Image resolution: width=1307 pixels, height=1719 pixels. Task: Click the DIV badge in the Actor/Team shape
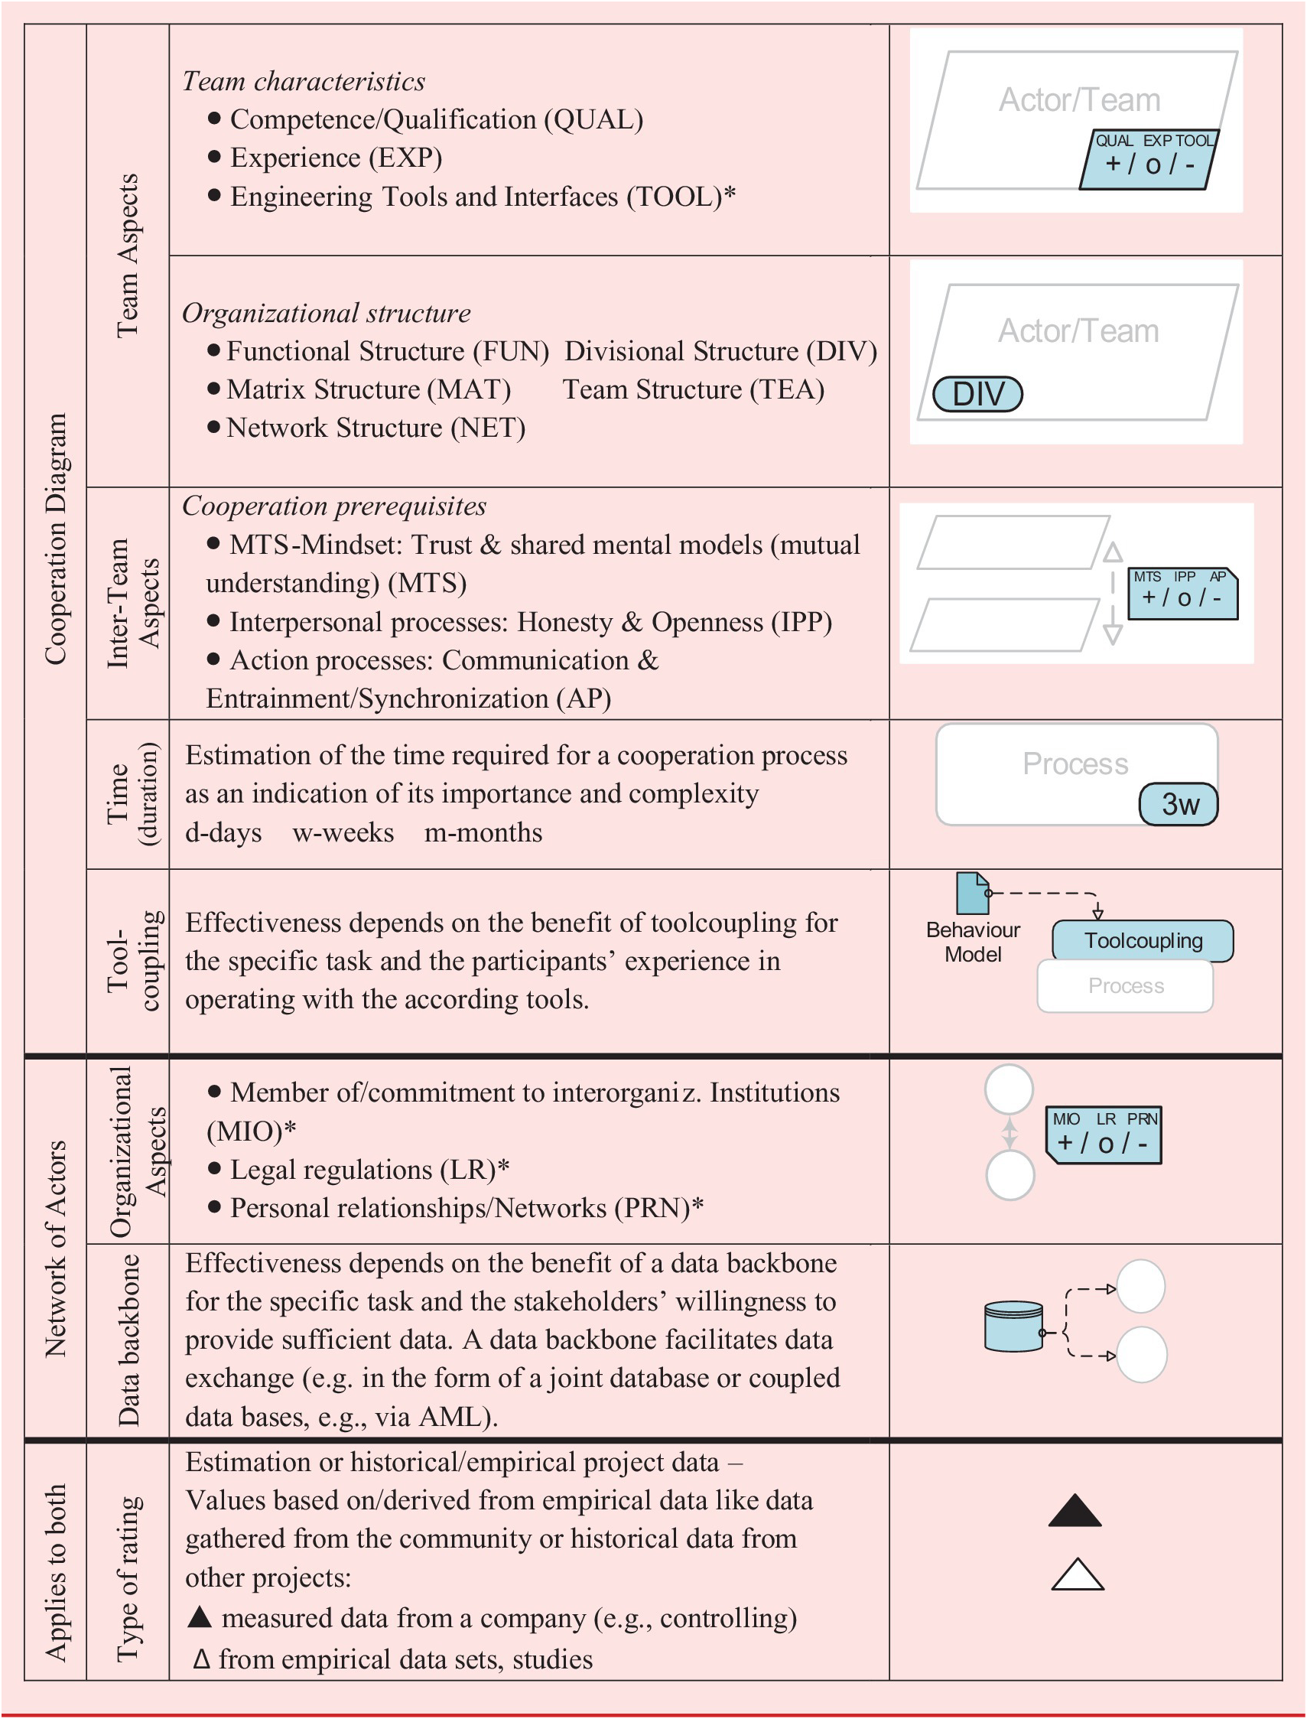(x=977, y=394)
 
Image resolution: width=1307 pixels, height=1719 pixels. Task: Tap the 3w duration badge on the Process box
(x=1179, y=804)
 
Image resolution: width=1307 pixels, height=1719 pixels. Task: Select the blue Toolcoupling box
(x=1142, y=941)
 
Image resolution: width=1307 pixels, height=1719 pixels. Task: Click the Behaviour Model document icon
(x=972, y=893)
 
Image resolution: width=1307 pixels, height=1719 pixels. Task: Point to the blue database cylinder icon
(x=1013, y=1326)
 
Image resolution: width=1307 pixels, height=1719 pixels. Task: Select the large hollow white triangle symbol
(x=1077, y=1575)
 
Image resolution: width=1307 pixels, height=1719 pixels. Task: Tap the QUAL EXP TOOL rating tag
(x=1148, y=159)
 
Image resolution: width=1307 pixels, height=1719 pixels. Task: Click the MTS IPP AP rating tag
(x=1182, y=594)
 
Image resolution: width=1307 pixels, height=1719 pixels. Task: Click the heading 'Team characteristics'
(x=304, y=81)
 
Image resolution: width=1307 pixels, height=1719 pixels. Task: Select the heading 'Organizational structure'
(x=326, y=313)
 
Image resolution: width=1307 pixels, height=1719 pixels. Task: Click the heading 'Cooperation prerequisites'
(x=333, y=506)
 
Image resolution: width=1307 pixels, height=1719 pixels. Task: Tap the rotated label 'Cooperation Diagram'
(x=55, y=539)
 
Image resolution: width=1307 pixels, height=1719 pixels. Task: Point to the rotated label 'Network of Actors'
(x=55, y=1249)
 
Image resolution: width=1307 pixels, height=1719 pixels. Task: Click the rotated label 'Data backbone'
(x=128, y=1340)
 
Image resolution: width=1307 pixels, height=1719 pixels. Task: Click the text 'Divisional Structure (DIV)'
(x=720, y=351)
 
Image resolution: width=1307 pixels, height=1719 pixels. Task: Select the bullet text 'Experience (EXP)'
(x=336, y=158)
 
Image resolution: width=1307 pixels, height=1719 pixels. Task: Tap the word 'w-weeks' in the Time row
(x=343, y=832)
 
